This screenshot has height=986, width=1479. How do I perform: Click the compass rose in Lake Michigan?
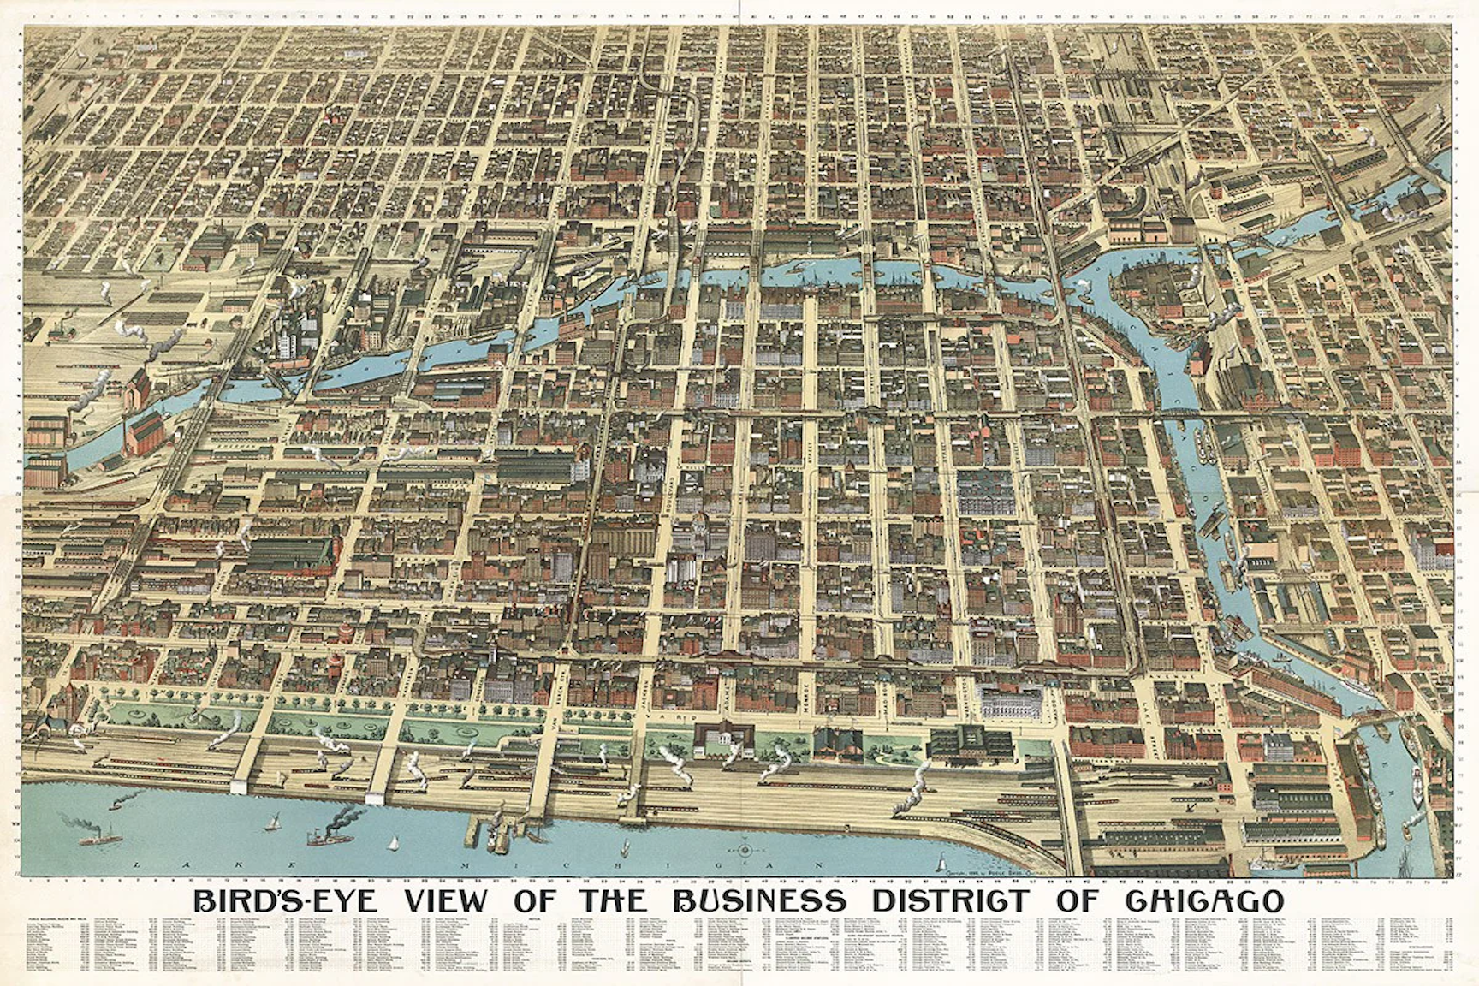744,851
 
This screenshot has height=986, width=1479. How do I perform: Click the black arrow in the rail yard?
1187,805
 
